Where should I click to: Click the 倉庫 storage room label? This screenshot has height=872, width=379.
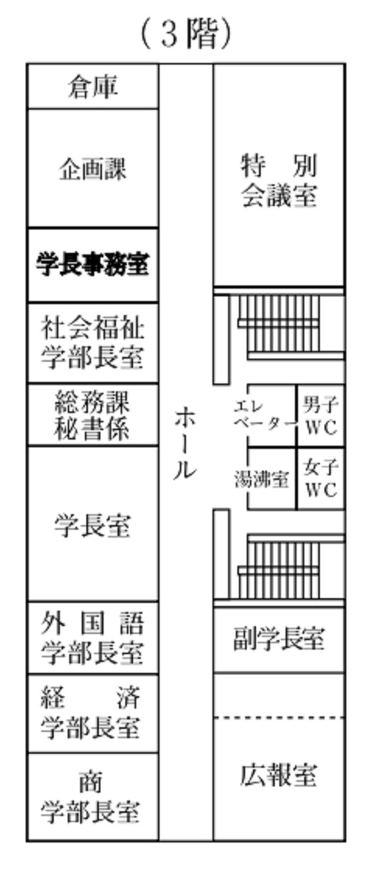93,87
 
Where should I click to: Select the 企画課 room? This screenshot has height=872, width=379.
93,169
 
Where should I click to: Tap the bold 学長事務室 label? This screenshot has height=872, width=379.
93,264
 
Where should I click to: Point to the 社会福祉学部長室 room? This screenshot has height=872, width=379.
93,343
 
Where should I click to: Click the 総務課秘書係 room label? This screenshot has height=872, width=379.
93,415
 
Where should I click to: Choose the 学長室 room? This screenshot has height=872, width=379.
93,524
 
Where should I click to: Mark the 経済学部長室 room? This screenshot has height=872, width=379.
93,714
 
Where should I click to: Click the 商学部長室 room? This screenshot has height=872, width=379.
93,797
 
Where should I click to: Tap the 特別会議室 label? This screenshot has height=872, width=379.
279,180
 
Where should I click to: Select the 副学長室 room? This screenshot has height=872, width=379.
279,640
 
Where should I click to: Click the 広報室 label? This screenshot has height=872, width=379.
279,776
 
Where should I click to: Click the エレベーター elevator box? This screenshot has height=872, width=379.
272,415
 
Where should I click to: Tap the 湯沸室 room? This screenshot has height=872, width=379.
272,478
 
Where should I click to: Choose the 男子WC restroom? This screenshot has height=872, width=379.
321,415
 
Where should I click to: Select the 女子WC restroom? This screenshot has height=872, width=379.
321,478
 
